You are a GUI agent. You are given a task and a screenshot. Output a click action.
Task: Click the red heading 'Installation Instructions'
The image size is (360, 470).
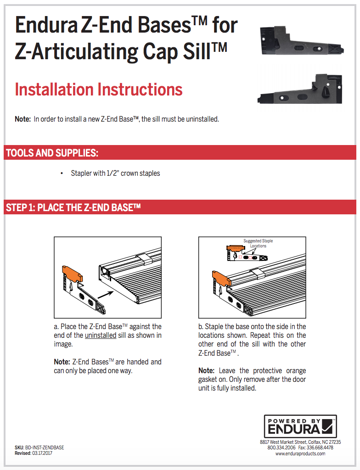pyautogui.click(x=99, y=89)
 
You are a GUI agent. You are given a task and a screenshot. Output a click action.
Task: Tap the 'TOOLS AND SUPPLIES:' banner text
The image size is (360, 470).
pyautogui.click(x=52, y=153)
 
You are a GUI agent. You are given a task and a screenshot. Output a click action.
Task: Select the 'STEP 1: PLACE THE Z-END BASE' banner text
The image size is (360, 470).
pyautogui.click(x=73, y=207)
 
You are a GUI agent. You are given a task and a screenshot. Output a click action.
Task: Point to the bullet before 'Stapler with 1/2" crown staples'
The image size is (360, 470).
pyautogui.click(x=62, y=173)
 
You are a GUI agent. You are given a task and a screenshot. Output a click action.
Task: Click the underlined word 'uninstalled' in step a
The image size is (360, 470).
pyautogui.click(x=101, y=335)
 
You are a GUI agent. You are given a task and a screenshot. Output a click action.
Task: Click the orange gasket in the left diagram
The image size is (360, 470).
pyautogui.click(x=71, y=274)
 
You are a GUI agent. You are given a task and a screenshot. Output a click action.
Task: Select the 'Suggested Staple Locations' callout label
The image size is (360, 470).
pyautogui.click(x=258, y=243)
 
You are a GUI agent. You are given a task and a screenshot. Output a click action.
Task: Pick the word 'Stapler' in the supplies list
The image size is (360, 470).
pyautogui.click(x=81, y=173)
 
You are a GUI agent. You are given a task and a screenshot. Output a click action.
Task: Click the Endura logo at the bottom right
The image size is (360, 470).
pyautogui.click(x=300, y=426)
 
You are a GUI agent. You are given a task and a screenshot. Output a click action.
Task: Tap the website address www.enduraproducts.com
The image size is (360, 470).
pyautogui.click(x=300, y=453)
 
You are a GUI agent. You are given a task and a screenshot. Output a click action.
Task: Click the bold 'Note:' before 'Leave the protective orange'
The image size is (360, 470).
pyautogui.click(x=206, y=370)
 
